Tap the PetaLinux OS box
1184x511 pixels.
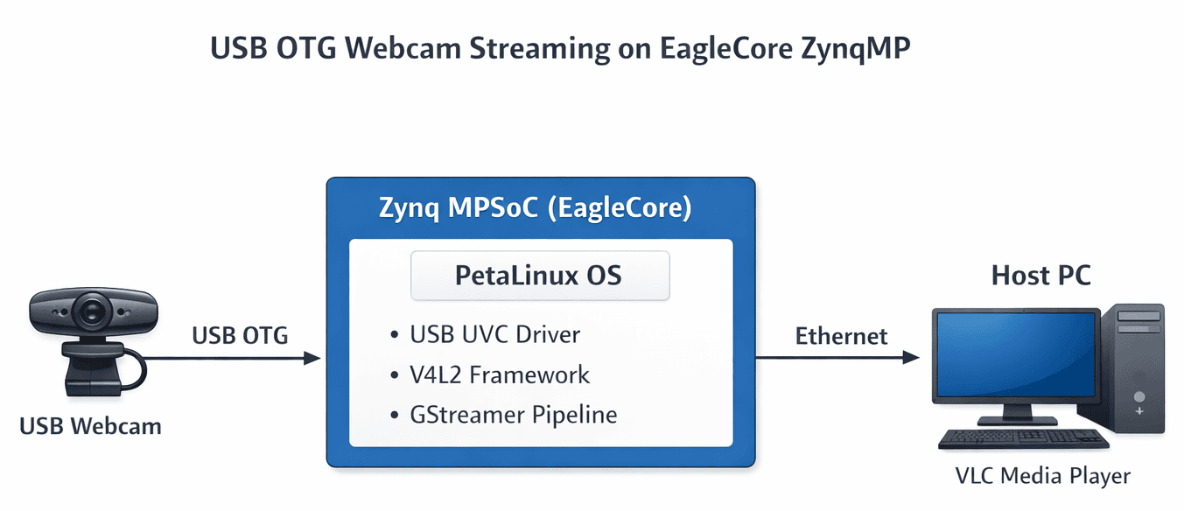[x=539, y=276]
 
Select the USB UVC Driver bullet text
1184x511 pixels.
[x=495, y=334]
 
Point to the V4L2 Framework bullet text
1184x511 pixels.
[x=500, y=374]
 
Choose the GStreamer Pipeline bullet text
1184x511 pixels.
[x=514, y=414]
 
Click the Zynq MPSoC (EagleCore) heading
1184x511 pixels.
[x=536, y=209]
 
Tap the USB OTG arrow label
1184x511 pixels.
[x=240, y=335]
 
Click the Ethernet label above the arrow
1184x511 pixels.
[x=841, y=336]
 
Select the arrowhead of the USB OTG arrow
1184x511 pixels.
[x=312, y=358]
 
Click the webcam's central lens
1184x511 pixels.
[x=90, y=311]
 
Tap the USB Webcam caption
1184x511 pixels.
[x=91, y=427]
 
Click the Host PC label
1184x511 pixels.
[x=1040, y=276]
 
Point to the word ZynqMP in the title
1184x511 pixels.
[x=856, y=50]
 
